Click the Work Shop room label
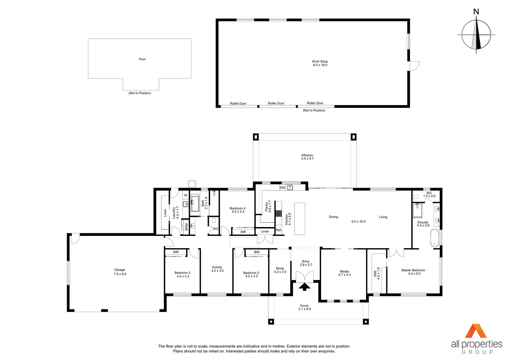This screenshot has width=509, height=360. (x=320, y=63)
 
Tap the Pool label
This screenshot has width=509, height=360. (x=142, y=59)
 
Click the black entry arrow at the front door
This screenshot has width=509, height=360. (x=304, y=287)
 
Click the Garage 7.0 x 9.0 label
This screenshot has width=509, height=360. (x=120, y=272)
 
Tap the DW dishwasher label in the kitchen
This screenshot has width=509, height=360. (x=282, y=188)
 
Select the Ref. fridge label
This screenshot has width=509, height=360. (x=279, y=230)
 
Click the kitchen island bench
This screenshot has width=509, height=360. (x=300, y=219)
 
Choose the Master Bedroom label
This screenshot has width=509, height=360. (x=413, y=272)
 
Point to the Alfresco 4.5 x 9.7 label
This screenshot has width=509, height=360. (x=307, y=157)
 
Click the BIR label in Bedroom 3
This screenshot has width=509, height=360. (x=176, y=252)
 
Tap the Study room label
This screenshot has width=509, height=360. (x=280, y=270)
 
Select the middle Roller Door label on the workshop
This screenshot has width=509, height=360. (x=276, y=103)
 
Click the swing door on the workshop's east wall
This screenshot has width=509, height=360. (x=414, y=66)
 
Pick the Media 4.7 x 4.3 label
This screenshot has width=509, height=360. (x=344, y=273)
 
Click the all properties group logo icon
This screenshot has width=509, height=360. (x=476, y=331)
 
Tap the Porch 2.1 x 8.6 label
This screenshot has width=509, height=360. (x=304, y=307)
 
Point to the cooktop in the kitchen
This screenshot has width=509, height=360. (x=278, y=213)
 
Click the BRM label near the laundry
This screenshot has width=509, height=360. (x=186, y=227)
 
